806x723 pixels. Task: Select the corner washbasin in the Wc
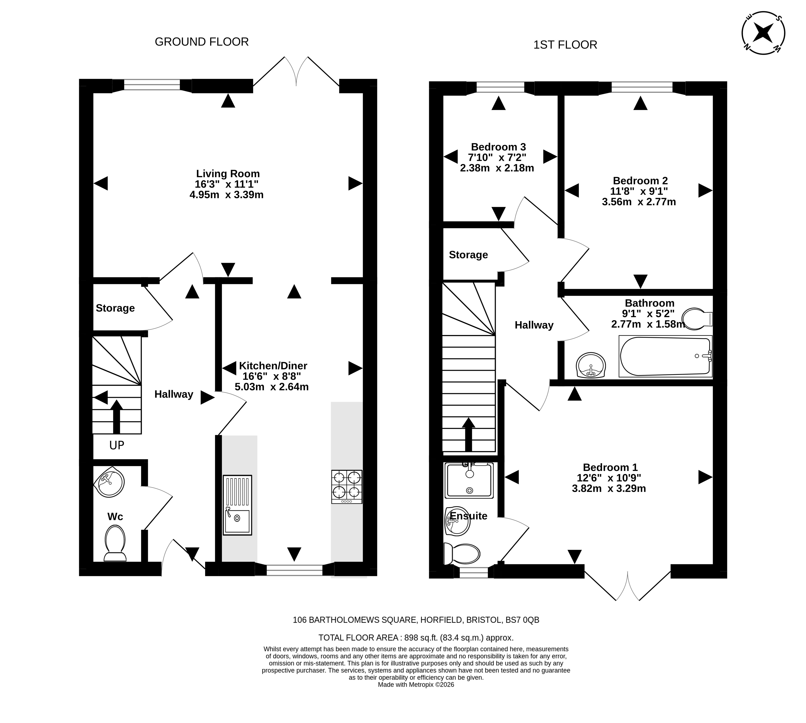[x=109, y=481]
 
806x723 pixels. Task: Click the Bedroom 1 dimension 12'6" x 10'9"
[x=609, y=478]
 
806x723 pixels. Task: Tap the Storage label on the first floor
[x=468, y=255]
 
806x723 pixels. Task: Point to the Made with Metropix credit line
[x=416, y=684]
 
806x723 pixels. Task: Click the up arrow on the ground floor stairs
[x=116, y=416]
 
